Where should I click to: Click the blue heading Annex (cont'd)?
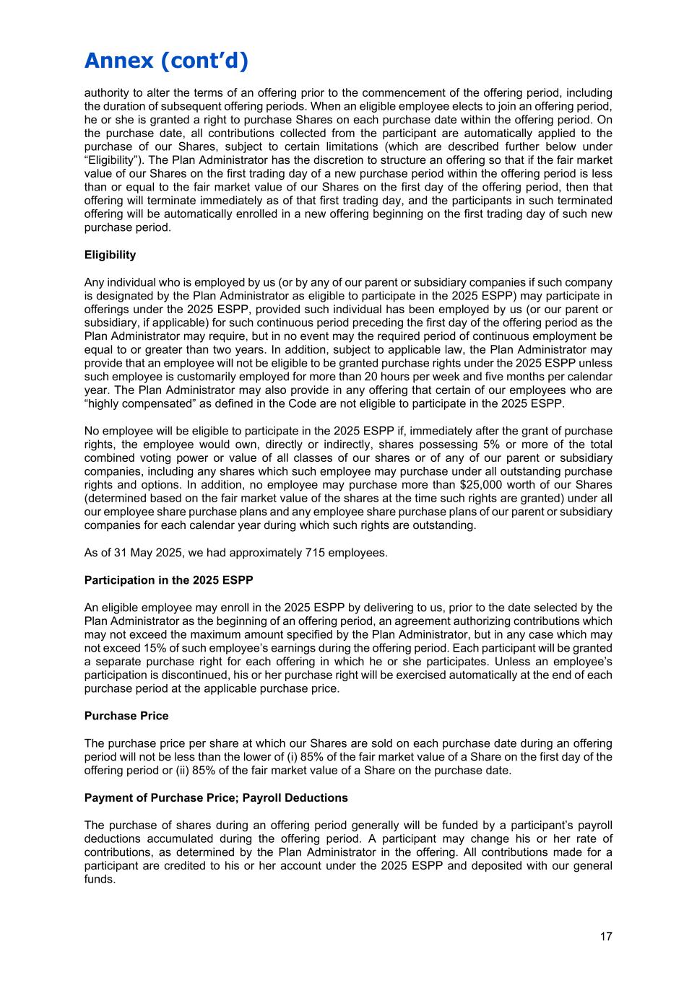[166, 61]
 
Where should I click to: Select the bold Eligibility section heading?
[110, 255]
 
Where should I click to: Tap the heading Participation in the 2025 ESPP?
[169, 580]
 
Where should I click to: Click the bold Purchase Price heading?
[126, 716]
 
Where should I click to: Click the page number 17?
[605, 937]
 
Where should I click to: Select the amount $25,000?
[482, 485]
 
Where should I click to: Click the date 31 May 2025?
[129, 553]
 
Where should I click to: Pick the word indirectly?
[339, 445]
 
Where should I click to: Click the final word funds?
[100, 880]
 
